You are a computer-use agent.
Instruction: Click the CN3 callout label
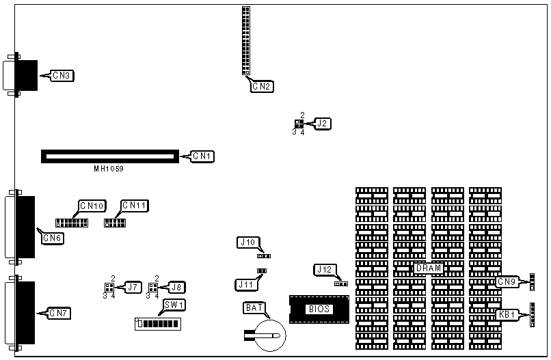pyautogui.click(x=62, y=75)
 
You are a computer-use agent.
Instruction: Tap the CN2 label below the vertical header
pyautogui.click(x=262, y=86)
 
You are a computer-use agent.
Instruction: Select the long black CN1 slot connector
pyautogui.click(x=109, y=156)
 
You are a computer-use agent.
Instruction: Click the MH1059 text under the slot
pyautogui.click(x=109, y=168)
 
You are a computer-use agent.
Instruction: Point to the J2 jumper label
pyautogui.click(x=323, y=124)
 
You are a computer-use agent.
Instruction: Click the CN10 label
pyautogui.click(x=92, y=205)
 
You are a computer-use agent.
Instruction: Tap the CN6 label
pyautogui.click(x=53, y=237)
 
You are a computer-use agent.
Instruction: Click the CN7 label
pyautogui.click(x=59, y=313)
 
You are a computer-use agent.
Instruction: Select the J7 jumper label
pyautogui.click(x=132, y=287)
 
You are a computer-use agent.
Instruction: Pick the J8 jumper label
pyautogui.click(x=176, y=287)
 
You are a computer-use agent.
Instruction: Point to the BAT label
pyautogui.click(x=254, y=308)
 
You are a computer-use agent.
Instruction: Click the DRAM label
pyautogui.click(x=429, y=268)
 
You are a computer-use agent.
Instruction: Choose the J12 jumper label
pyautogui.click(x=323, y=270)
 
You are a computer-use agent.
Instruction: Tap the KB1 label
pyautogui.click(x=508, y=315)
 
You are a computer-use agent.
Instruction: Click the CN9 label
pyautogui.click(x=507, y=281)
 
